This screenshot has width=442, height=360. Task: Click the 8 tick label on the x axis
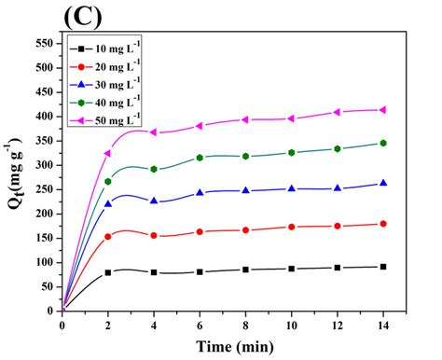pyautogui.click(x=245, y=324)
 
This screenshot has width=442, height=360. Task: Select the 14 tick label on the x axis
pyautogui.click(x=382, y=324)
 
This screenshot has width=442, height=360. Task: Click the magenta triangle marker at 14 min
pyautogui.click(x=382, y=110)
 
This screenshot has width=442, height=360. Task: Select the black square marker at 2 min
pyautogui.click(x=108, y=272)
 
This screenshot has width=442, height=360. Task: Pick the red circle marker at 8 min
pyautogui.click(x=245, y=229)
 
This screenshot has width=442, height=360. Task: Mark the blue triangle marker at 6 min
pyautogui.click(x=200, y=193)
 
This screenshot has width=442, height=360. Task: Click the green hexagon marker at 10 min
pyautogui.click(x=291, y=152)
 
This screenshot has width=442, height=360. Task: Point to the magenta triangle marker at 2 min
pyautogui.click(x=108, y=153)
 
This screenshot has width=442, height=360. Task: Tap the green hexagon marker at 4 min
pyautogui.click(x=154, y=170)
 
